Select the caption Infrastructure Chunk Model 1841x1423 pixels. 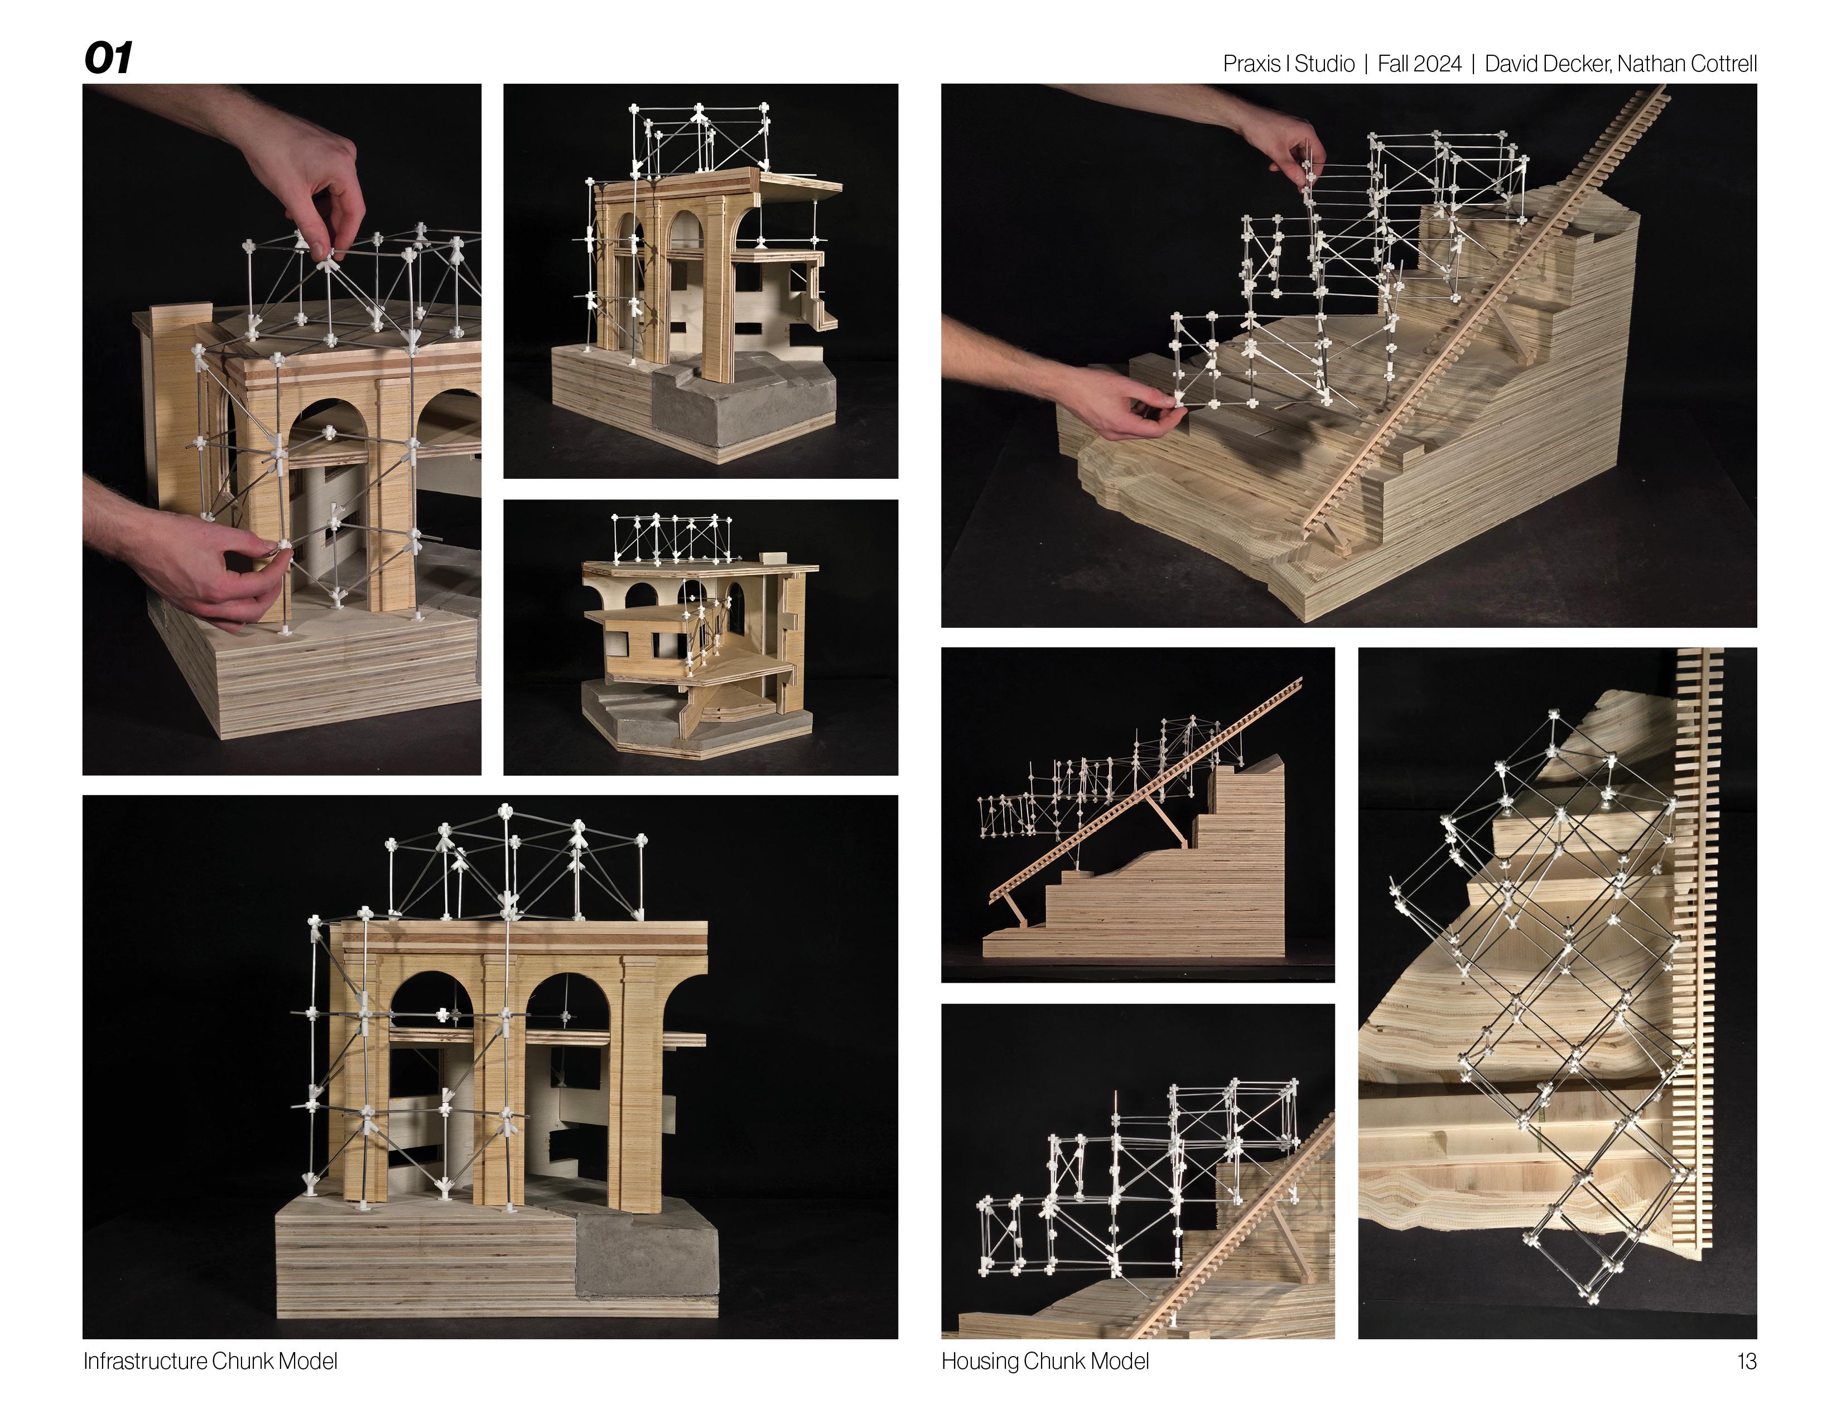[210, 1360]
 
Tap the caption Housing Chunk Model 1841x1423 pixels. [1045, 1360]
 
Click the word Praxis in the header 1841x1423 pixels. [1252, 64]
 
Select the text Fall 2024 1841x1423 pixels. [1420, 64]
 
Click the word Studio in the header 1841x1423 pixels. [1324, 64]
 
